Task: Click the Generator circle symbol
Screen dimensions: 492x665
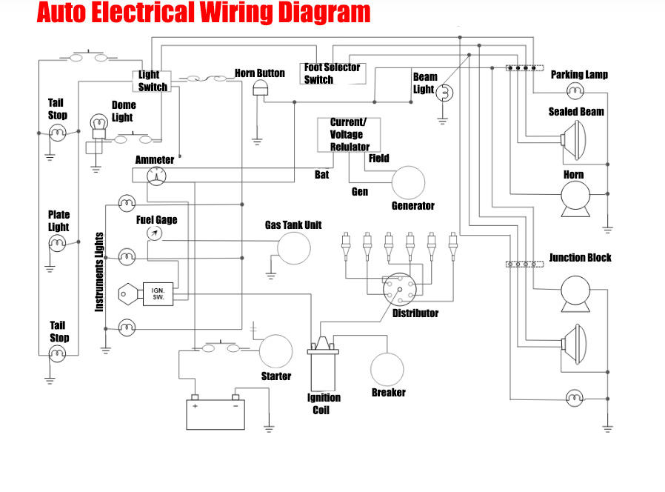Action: click(408, 182)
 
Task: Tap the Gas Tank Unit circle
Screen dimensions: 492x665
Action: click(294, 248)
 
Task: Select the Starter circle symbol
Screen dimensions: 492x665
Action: click(276, 352)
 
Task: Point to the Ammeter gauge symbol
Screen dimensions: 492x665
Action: click(156, 176)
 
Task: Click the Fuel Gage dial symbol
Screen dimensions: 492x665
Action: click(154, 233)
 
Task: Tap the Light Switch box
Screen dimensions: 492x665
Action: click(153, 81)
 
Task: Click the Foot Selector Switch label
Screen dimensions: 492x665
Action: click(332, 73)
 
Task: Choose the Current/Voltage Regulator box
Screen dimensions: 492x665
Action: click(348, 135)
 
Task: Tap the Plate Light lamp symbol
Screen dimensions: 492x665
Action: click(59, 242)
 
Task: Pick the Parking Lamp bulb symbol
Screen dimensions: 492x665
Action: click(575, 90)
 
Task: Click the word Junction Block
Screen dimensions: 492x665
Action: click(580, 258)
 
